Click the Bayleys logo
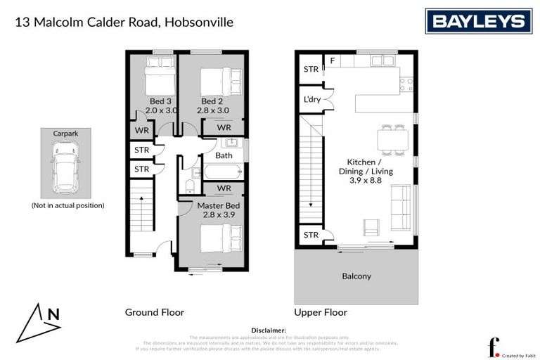(x=477, y=22)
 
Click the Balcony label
(x=356, y=276)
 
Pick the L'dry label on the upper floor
(x=311, y=99)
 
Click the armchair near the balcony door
(x=371, y=226)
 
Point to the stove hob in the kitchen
(x=406, y=84)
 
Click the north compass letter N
(x=53, y=314)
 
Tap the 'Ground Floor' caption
(x=154, y=312)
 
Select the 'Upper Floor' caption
(x=321, y=312)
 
